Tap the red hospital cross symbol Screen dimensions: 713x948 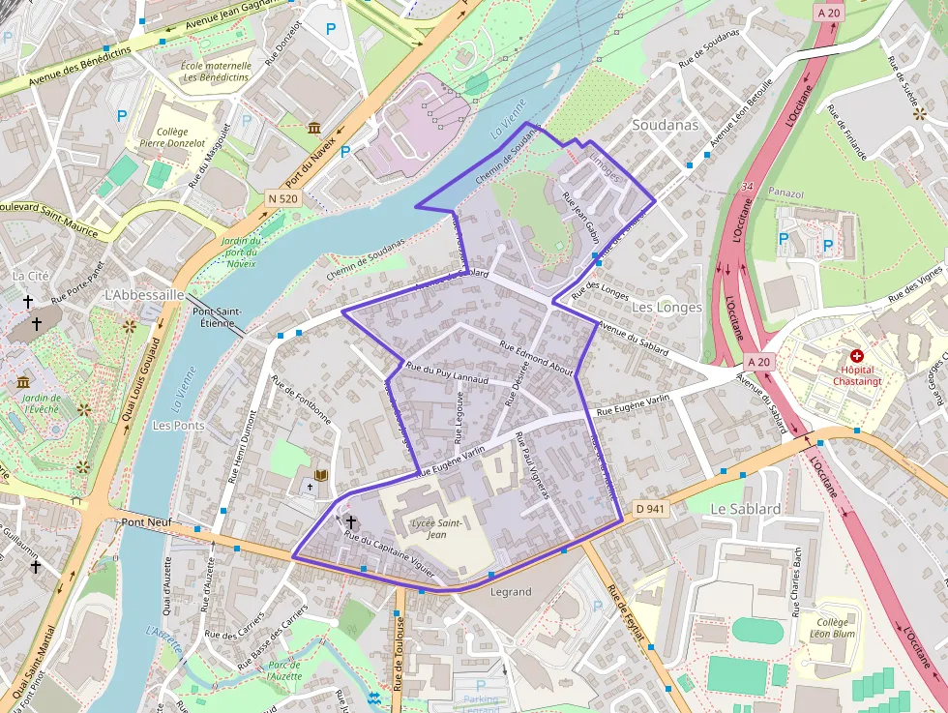(856, 356)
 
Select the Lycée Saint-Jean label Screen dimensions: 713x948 (436, 528)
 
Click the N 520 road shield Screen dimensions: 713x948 (283, 198)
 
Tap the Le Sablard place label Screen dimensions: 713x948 (745, 509)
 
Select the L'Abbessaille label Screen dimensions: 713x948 (144, 294)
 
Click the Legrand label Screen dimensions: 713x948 (511, 591)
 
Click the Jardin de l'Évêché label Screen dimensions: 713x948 (42, 403)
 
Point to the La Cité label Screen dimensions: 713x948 (30, 276)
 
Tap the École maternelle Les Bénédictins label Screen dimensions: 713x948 (216, 72)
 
